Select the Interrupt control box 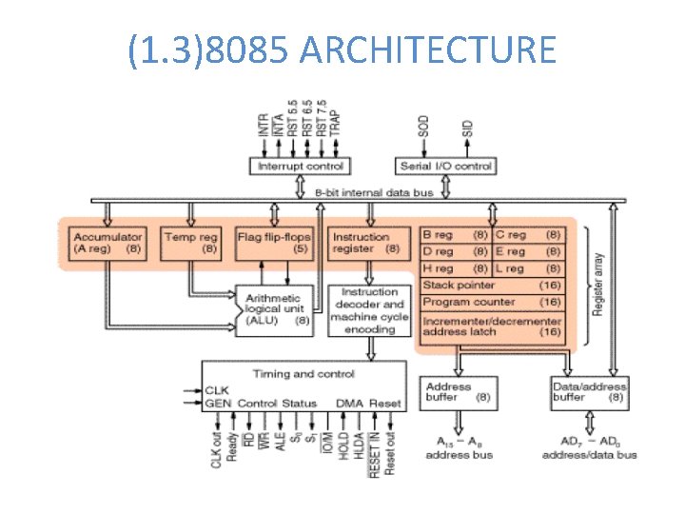[299, 167]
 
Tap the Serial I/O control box [445, 167]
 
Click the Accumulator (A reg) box [108, 244]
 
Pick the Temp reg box [193, 244]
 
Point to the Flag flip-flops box [274, 244]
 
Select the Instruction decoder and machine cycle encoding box [369, 310]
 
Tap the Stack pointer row [492, 285]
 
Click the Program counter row [492, 302]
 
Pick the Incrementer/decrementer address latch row [492, 326]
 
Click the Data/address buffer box [588, 393]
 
